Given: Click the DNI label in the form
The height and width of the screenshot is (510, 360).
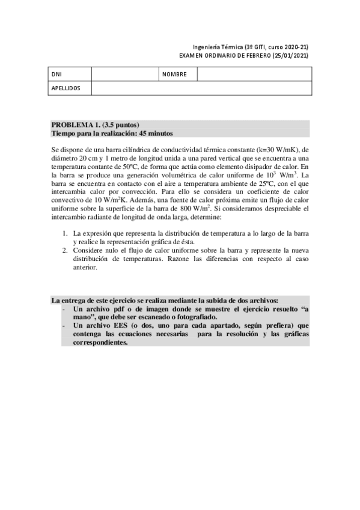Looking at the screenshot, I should pos(57,75).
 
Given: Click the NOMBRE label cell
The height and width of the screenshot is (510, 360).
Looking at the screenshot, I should pos(175,75).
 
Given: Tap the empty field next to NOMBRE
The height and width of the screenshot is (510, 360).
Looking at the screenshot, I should pos(254,75).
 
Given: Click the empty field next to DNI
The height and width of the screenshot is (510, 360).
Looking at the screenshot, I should pos(125,75).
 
